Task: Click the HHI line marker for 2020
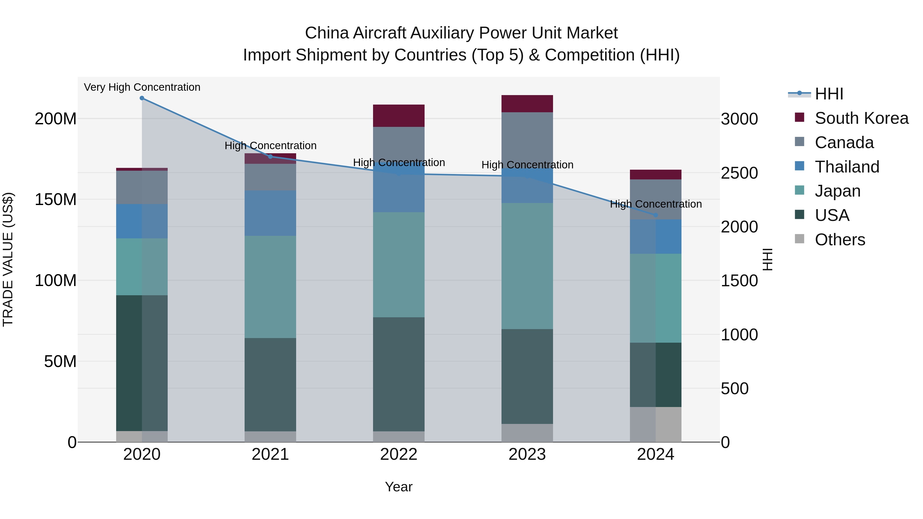(142, 98)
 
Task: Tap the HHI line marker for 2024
(655, 215)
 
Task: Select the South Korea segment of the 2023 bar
(527, 104)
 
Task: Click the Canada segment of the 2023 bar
(527, 140)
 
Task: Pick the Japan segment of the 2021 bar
(270, 287)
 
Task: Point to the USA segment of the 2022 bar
(398, 374)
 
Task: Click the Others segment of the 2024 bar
(655, 424)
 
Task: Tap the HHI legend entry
(828, 94)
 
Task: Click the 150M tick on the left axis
(56, 199)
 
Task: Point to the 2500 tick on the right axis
(739, 173)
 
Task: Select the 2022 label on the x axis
(398, 454)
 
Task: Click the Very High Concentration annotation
(142, 87)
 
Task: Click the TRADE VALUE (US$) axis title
(8, 259)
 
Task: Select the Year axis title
(398, 487)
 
